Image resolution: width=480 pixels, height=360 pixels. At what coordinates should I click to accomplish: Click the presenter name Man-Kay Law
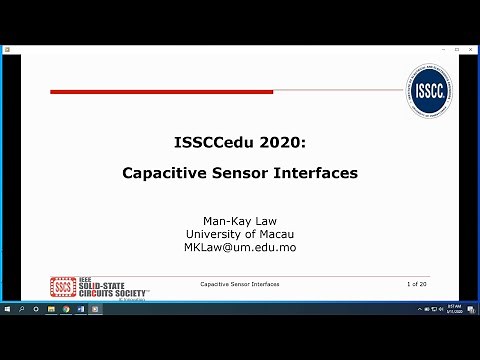(239, 220)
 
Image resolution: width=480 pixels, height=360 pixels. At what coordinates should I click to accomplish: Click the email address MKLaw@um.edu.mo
(239, 247)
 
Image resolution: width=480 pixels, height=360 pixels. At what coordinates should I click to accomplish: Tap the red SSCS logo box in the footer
(63, 287)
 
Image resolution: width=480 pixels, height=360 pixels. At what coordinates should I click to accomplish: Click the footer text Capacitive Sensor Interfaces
(239, 285)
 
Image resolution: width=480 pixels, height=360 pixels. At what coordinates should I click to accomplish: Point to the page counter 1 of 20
(417, 285)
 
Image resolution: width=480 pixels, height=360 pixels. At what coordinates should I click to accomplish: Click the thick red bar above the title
(161, 92)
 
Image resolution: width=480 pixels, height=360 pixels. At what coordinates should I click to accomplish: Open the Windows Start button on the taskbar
(8, 309)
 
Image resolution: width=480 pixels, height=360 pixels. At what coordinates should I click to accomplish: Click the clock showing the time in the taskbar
(453, 309)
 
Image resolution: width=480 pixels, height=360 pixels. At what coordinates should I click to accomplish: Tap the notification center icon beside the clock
(470, 309)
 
